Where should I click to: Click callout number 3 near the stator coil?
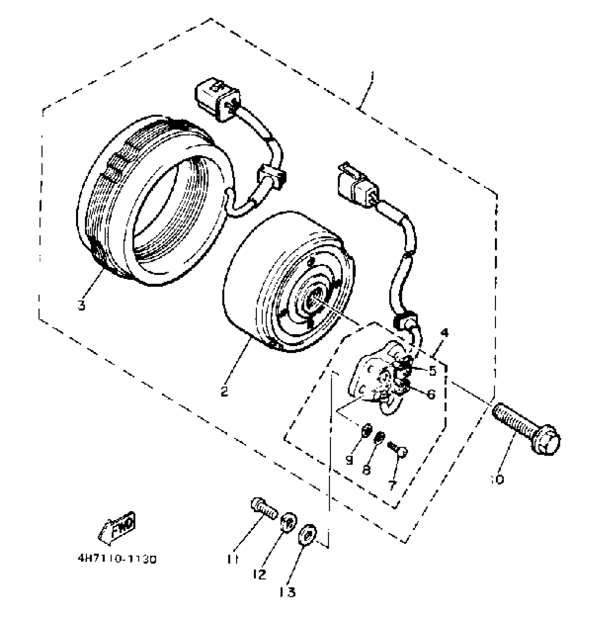click(x=82, y=305)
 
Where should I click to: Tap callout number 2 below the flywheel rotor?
click(x=224, y=391)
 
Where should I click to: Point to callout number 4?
click(x=444, y=333)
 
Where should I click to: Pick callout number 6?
click(x=431, y=394)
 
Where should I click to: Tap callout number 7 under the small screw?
click(x=391, y=485)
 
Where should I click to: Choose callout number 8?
click(x=366, y=470)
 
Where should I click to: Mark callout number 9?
click(x=349, y=460)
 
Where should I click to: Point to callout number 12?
click(x=260, y=575)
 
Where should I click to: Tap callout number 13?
click(x=287, y=592)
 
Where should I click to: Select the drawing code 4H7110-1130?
click(x=117, y=559)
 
